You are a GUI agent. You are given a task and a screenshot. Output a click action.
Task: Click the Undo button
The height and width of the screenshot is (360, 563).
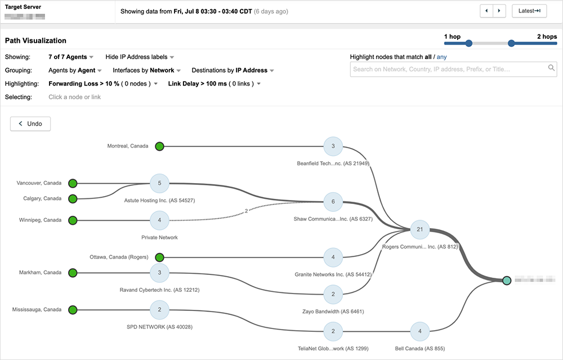point(30,123)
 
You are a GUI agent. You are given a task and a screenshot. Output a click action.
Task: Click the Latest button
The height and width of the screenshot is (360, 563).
point(529,11)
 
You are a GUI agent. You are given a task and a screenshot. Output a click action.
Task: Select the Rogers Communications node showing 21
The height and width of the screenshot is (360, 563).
point(419,229)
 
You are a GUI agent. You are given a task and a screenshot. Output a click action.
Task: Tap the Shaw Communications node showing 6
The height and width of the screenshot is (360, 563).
point(333,201)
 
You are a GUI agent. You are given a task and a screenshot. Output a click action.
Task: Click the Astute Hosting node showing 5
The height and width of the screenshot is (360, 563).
point(159,183)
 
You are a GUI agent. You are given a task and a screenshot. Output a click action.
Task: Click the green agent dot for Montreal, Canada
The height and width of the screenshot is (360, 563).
point(159,146)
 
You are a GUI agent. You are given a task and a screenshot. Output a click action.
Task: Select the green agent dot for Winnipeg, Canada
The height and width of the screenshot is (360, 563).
point(73,220)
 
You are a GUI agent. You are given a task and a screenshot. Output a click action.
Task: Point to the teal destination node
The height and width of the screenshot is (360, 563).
point(507,280)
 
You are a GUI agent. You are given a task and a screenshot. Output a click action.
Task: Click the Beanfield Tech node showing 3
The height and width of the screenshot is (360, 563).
point(333,146)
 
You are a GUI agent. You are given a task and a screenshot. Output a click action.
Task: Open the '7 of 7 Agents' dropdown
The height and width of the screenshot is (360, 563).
point(71,57)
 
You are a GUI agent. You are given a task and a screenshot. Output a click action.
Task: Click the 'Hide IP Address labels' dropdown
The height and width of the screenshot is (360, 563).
point(140,57)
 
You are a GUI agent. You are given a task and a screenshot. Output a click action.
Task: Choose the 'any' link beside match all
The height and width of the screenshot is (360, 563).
point(442,57)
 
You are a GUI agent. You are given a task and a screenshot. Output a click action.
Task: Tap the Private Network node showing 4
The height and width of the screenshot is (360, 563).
point(159,220)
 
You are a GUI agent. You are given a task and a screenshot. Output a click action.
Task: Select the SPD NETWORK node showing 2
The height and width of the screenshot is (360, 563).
point(159,309)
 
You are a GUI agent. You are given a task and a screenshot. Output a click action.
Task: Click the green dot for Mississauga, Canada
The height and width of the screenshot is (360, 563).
point(73,309)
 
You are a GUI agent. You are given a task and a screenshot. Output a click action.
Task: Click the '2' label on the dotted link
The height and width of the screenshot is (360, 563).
point(246,211)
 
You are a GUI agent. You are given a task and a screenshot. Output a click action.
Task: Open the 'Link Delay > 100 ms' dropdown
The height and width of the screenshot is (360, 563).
point(215,84)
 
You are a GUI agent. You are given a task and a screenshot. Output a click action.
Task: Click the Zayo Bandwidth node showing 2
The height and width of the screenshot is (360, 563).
point(333,294)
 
